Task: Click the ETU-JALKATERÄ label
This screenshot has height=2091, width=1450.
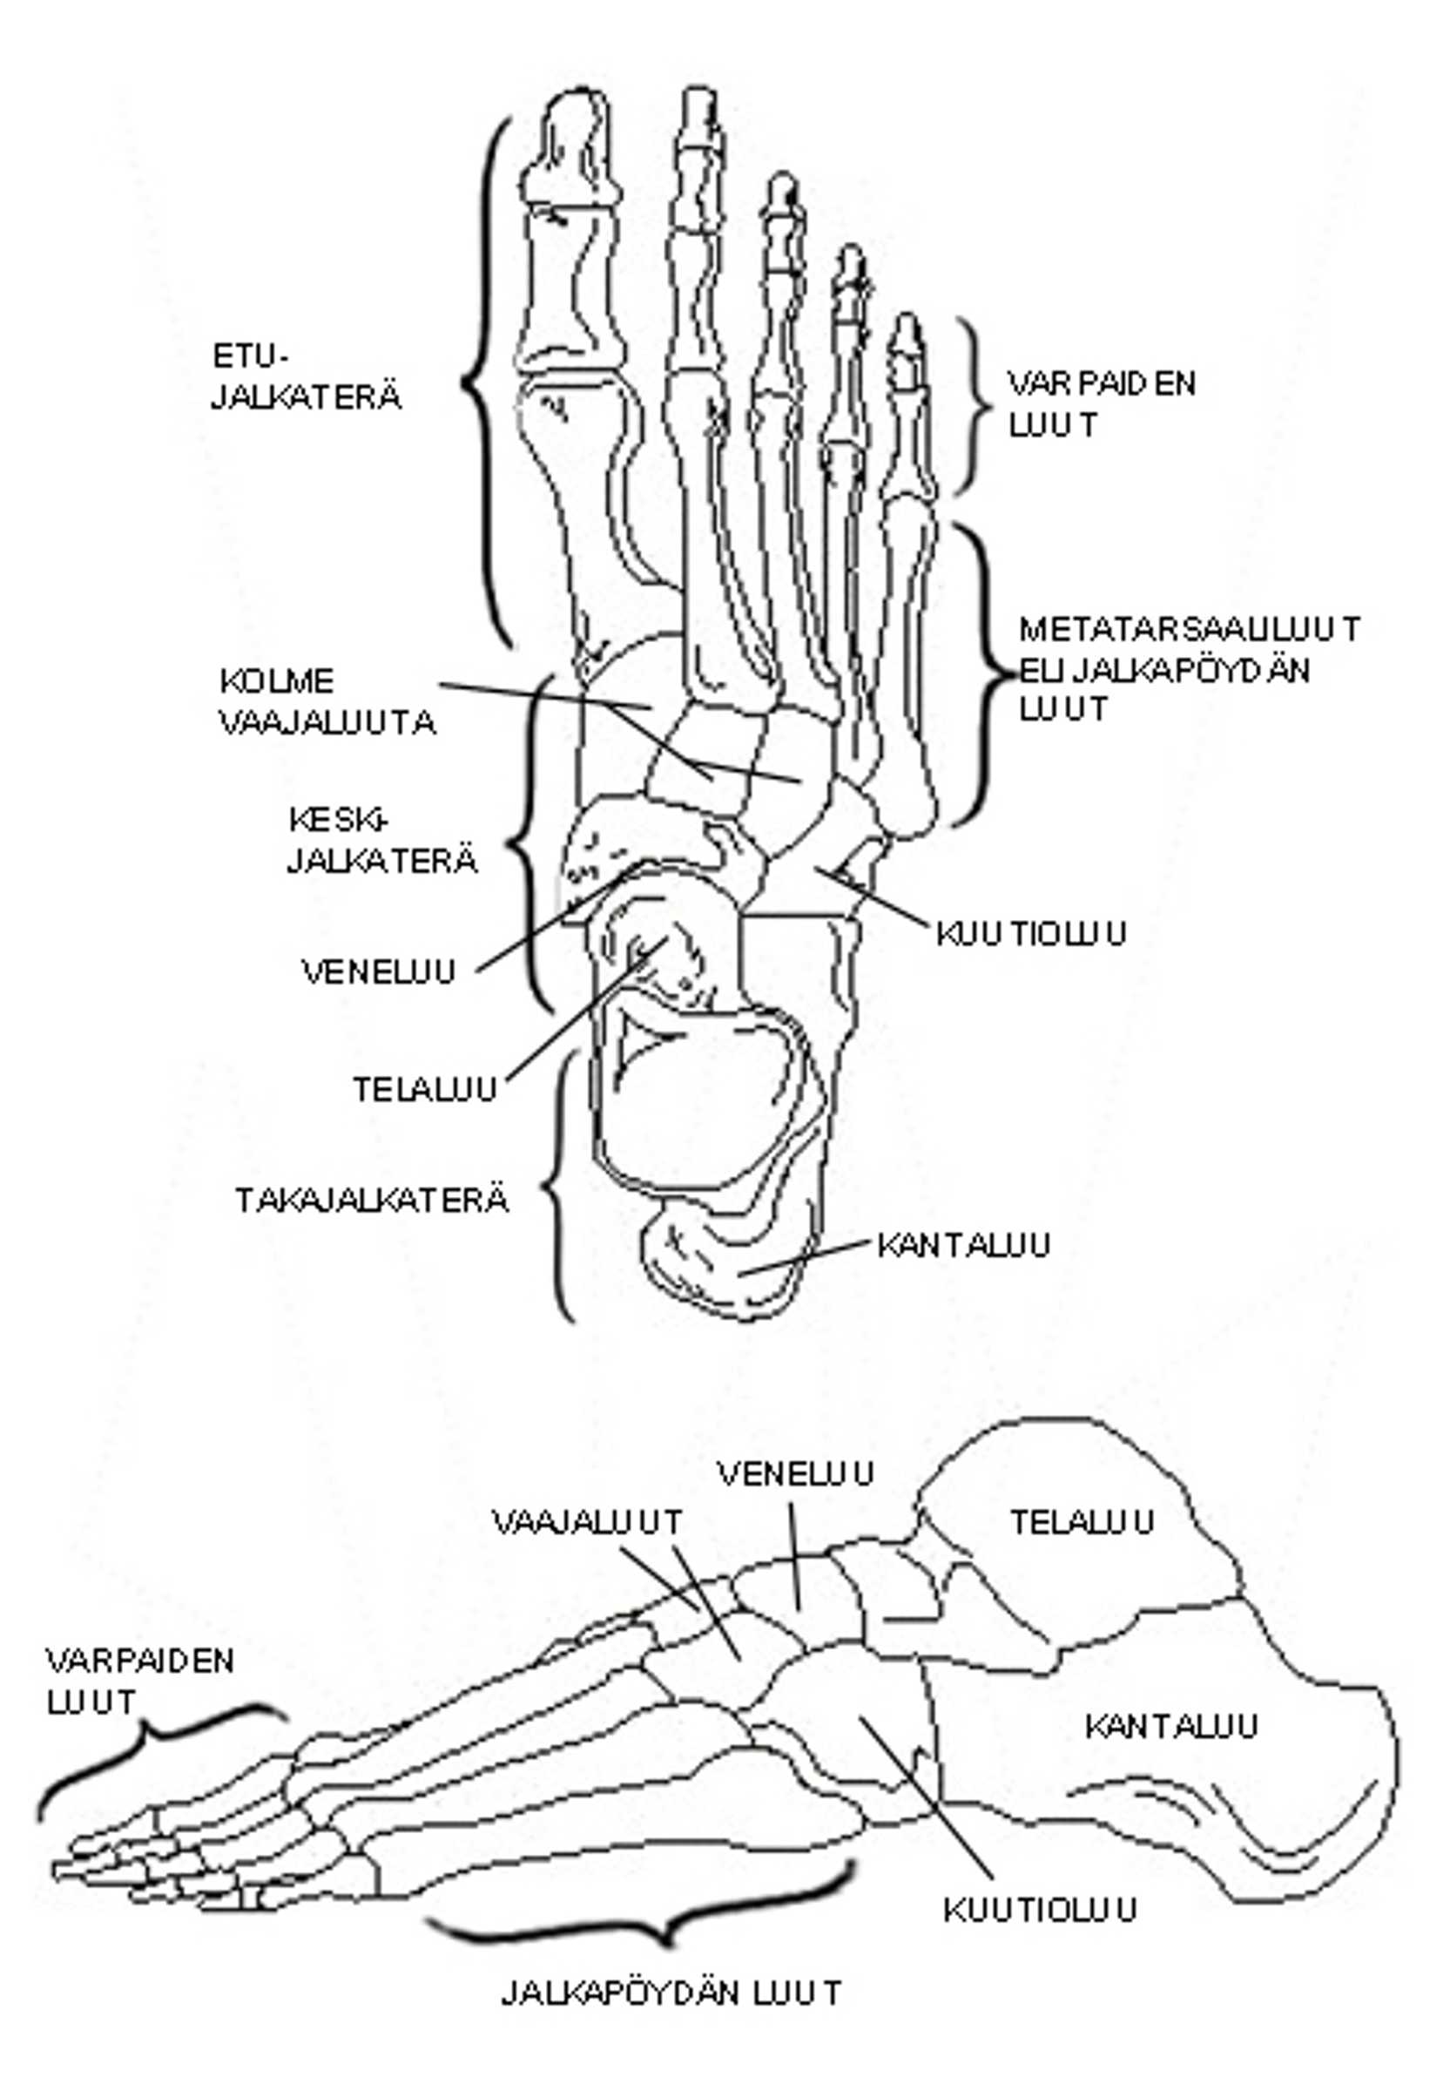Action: coord(307,377)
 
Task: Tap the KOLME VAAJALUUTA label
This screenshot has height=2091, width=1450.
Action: coord(327,701)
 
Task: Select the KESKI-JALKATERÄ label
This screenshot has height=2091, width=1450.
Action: coord(382,841)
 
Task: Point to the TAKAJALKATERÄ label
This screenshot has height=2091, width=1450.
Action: coord(372,1201)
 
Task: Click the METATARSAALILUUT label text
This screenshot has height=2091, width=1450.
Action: coord(1190,629)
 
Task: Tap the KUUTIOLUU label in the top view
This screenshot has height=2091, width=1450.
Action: coord(1031,933)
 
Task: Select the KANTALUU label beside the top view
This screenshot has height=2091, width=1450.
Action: coord(963,1244)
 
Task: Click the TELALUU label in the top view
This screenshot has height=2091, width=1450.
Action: coord(425,1089)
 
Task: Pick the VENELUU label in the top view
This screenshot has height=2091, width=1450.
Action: coord(378,972)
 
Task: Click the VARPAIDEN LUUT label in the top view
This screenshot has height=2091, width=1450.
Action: coord(1101,403)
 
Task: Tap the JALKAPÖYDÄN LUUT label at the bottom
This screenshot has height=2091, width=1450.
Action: coord(671,1992)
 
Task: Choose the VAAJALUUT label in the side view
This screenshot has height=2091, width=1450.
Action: coord(587,1521)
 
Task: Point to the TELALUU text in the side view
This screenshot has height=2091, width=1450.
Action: coord(1082,1521)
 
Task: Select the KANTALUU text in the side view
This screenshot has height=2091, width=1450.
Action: coord(1171,1725)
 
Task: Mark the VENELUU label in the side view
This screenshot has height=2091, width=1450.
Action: coord(795,1473)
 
